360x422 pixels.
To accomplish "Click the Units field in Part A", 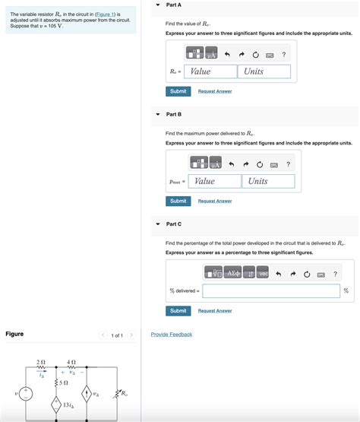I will coord(264,71).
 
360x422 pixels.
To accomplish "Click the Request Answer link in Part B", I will coord(215,201).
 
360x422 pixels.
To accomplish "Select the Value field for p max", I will coord(216,182).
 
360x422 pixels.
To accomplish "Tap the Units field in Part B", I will coord(269,182).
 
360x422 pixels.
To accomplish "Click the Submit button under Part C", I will coord(178,311).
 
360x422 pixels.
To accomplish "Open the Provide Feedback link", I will coord(172,335).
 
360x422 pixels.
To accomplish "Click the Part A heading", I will coord(173,5).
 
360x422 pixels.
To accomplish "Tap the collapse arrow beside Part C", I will coord(157,224).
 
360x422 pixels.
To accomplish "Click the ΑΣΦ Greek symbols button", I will coord(232,274).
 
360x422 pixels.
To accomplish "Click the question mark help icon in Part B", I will coord(289,164).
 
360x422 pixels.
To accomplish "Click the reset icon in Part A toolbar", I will coord(256,55).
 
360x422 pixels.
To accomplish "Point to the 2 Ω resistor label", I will coord(41,362).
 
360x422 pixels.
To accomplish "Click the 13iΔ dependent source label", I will coord(68,405).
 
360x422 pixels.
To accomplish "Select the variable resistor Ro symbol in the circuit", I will coord(116,395).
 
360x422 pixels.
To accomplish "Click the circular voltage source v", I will coord(26,394).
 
